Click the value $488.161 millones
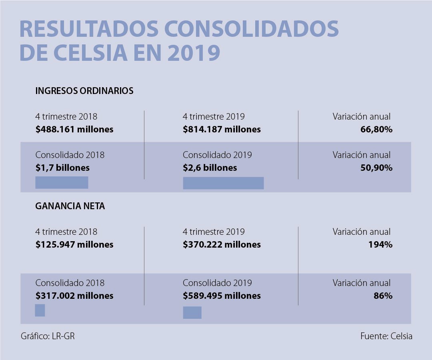tap(74, 130)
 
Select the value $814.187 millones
tap(222, 130)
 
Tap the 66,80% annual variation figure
tap(376, 130)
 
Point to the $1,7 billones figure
tap(62, 168)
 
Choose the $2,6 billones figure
tap(210, 168)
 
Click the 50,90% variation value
tap(376, 168)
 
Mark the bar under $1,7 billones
tap(62, 182)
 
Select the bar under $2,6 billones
tap(223, 183)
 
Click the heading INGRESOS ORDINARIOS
tap(84, 91)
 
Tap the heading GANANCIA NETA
tap(70, 206)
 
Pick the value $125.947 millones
tap(74, 244)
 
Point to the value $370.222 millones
tap(222, 244)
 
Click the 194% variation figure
tap(380, 244)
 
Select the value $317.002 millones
tap(74, 296)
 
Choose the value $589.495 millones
tap(222, 296)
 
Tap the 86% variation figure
tap(383, 296)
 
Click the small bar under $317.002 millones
tap(40, 310)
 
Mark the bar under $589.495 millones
tap(192, 312)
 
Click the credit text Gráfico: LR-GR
tap(48, 336)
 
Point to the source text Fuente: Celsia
tap(386, 336)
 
